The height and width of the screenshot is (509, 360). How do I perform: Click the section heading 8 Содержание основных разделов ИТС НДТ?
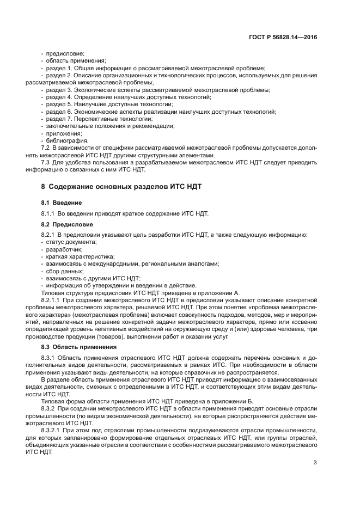click(x=121, y=186)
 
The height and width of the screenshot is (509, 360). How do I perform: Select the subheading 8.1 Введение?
click(x=62, y=203)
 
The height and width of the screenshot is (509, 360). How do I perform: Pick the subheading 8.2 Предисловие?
click(x=67, y=224)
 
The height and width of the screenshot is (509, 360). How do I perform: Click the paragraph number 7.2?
click(x=46, y=148)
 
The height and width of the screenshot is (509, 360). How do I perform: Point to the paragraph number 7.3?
click(x=46, y=162)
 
